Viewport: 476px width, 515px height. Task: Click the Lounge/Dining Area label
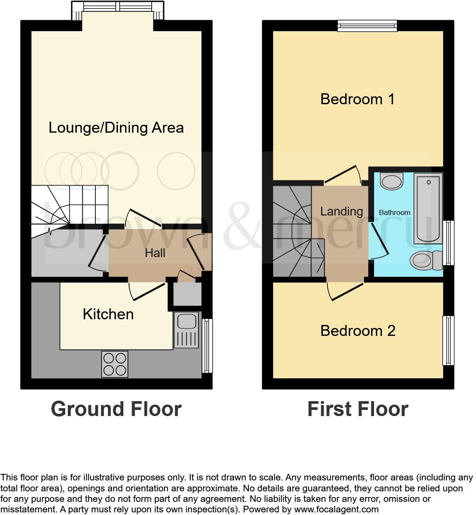coord(116,128)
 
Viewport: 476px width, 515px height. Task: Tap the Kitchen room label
coord(108,314)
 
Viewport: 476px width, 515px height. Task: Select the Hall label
coord(155,253)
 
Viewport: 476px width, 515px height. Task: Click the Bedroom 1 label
coord(357,99)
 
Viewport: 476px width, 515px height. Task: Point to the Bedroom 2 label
coord(357,331)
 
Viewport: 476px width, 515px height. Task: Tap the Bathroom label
coord(394,212)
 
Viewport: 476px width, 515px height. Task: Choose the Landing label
coord(341,211)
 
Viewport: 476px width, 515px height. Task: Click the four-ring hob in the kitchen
coord(115,364)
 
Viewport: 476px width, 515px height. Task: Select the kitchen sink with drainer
coord(186,330)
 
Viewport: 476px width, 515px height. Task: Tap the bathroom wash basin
coord(392,180)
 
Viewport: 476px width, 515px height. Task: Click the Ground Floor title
coord(116,409)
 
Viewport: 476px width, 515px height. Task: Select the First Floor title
coord(357,409)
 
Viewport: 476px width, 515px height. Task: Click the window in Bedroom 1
coord(367,26)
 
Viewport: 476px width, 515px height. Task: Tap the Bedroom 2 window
coord(448,340)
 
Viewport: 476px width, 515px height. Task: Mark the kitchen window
coord(207,346)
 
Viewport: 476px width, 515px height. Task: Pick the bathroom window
coord(448,243)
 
